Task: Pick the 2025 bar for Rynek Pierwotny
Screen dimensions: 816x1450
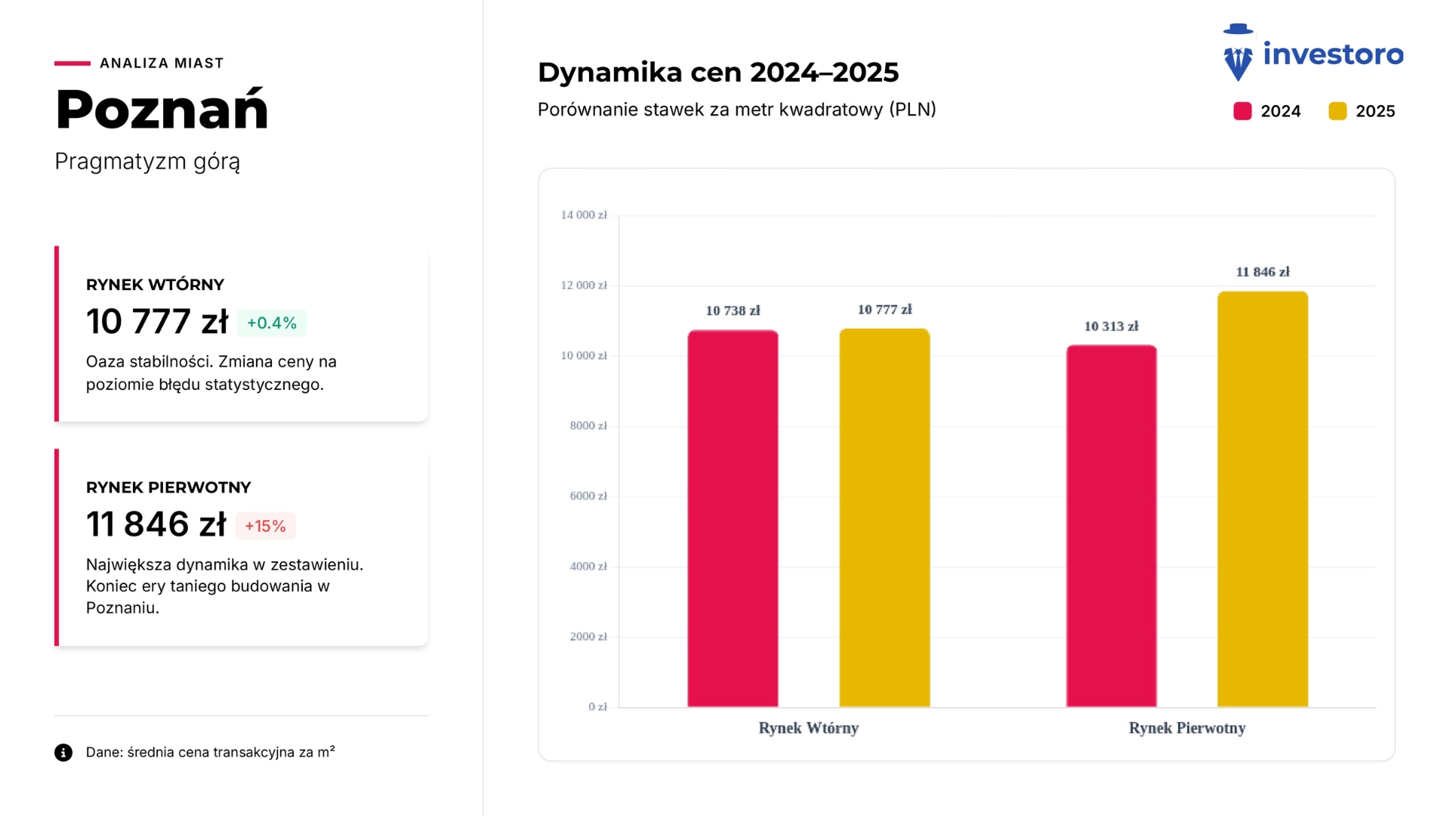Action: click(1263, 499)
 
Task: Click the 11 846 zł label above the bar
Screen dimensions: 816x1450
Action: click(1263, 272)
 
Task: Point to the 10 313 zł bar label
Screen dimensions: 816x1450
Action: click(1111, 326)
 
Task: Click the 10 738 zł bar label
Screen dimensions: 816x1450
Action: click(733, 311)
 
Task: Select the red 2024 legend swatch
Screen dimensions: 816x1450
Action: click(1242, 111)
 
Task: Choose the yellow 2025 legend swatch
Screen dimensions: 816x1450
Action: click(1337, 111)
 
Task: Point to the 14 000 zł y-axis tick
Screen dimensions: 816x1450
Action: click(583, 215)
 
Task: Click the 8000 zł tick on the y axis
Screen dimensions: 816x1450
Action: click(588, 426)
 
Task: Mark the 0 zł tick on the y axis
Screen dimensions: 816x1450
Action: click(597, 707)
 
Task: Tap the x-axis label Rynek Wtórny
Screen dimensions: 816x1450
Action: click(808, 728)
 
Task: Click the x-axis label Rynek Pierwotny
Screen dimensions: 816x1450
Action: click(1186, 728)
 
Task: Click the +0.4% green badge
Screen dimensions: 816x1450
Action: click(272, 323)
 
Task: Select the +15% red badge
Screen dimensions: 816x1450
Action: click(265, 526)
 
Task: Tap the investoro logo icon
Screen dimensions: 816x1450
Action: click(1238, 53)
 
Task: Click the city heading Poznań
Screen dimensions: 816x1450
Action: click(162, 110)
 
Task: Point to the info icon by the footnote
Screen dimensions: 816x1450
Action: click(63, 753)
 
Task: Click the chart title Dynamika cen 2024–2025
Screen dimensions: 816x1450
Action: click(717, 73)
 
